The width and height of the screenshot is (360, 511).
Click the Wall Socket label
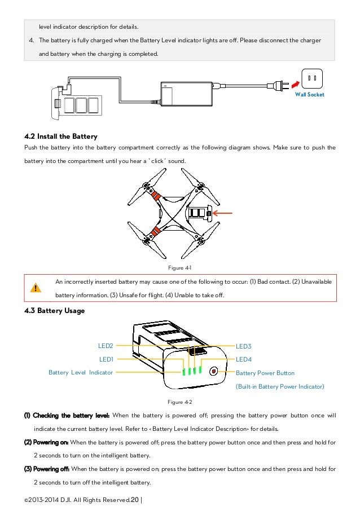coord(310,95)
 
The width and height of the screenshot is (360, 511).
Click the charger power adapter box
coord(188,91)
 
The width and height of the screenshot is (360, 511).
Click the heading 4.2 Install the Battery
coord(61,136)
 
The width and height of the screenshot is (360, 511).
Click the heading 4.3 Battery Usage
coord(55,310)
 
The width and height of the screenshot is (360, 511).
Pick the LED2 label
coord(106,345)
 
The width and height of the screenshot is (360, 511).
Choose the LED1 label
coord(106,359)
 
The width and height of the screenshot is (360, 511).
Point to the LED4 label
coord(244,359)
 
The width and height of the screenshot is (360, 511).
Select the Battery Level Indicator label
coord(80,372)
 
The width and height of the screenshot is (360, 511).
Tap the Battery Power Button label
coord(265,373)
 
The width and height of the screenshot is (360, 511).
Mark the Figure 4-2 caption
coord(180,402)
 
